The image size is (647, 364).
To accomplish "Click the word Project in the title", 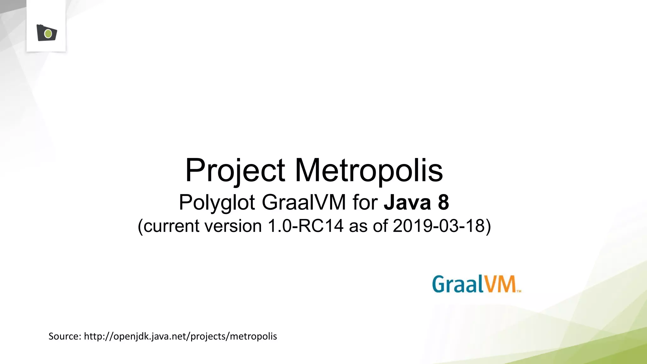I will point(235,171).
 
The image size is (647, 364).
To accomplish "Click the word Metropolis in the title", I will point(369,171).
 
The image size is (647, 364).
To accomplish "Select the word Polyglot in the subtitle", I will point(217,202).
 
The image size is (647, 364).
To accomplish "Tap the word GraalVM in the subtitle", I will point(304,202).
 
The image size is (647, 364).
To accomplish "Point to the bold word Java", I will point(407,202).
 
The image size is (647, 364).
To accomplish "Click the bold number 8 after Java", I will point(443,202).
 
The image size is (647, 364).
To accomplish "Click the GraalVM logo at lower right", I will point(476,284).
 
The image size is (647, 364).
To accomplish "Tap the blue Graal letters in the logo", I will point(457,284).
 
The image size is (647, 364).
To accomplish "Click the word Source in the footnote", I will point(65,336).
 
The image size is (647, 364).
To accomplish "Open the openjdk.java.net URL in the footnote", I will point(180,336).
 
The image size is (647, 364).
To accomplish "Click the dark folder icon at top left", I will point(46,33).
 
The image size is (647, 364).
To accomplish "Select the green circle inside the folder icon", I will point(48,33).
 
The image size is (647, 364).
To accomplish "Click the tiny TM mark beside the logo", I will point(519,291).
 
